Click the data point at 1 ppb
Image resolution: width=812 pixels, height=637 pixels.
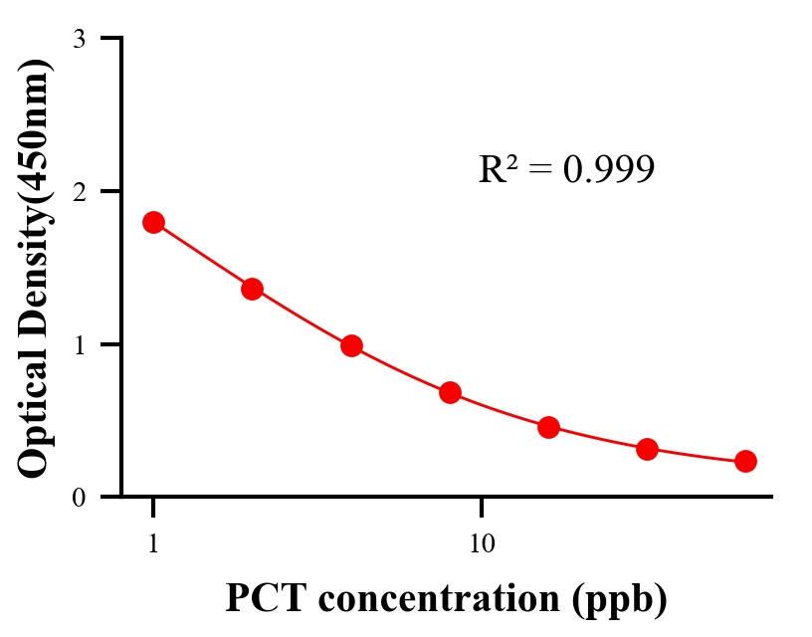(x=153, y=222)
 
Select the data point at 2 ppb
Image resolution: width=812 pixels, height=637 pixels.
(x=252, y=289)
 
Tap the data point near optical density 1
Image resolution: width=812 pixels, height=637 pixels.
(x=351, y=346)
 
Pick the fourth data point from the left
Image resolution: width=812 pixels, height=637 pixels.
(x=450, y=392)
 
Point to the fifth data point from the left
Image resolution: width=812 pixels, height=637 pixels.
(x=548, y=428)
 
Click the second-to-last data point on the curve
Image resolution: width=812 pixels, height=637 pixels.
(x=647, y=449)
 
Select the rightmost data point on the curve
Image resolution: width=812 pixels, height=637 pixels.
(x=745, y=461)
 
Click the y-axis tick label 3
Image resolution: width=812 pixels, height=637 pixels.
(x=79, y=39)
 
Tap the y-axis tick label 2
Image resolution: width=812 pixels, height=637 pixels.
(x=79, y=191)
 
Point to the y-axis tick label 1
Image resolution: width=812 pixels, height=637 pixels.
(x=79, y=344)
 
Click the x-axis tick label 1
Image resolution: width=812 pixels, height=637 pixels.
(x=153, y=544)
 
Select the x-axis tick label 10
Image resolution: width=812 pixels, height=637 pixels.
(x=482, y=544)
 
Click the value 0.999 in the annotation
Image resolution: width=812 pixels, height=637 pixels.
(x=608, y=169)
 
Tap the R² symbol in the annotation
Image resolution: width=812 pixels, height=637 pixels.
(x=497, y=169)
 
